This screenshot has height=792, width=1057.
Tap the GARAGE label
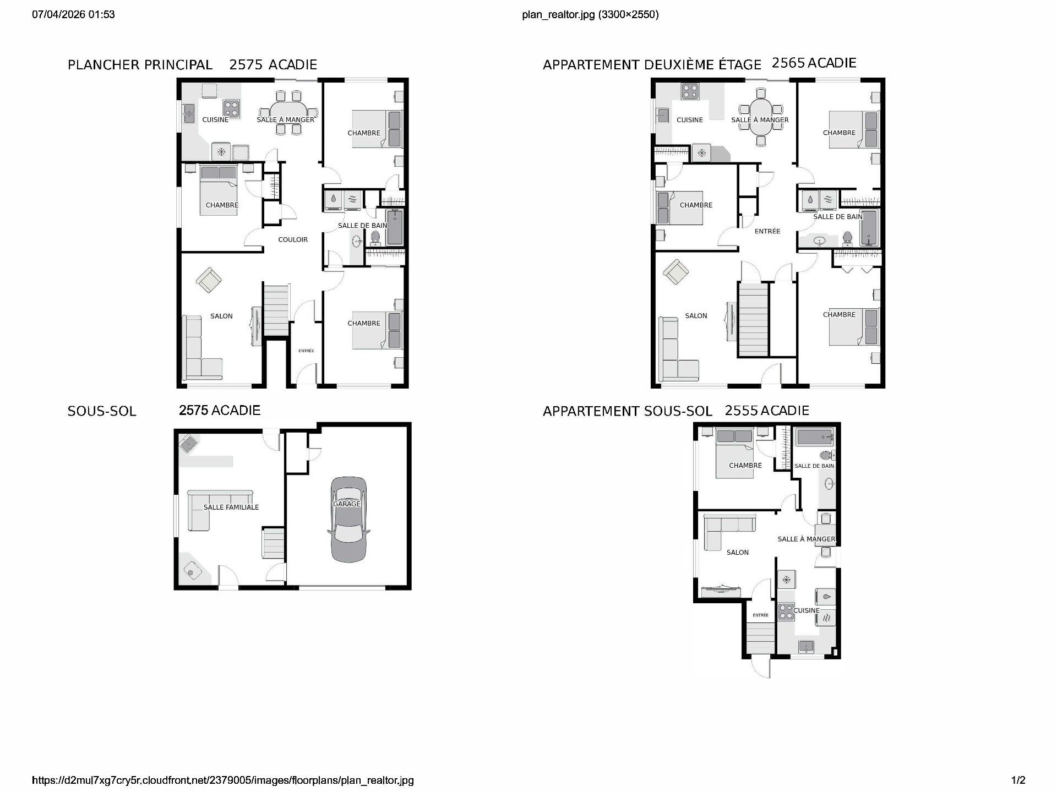pyautogui.click(x=347, y=504)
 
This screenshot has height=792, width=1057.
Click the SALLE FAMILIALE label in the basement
pyautogui.click(x=231, y=507)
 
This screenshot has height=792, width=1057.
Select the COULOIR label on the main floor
pyautogui.click(x=293, y=239)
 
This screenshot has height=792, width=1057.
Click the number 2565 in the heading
pyautogui.click(x=788, y=63)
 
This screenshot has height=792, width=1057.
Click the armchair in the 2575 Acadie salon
pyautogui.click(x=209, y=280)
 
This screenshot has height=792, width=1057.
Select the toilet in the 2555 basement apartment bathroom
pyautogui.click(x=826, y=455)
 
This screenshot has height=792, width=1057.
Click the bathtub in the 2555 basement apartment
pyautogui.click(x=815, y=438)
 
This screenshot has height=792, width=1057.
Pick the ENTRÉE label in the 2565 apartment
pyautogui.click(x=767, y=231)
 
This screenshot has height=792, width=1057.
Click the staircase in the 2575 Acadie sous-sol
pyautogui.click(x=274, y=542)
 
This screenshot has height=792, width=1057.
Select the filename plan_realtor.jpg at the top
pyautogui.click(x=558, y=14)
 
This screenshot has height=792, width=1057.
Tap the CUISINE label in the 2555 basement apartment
pyautogui.click(x=807, y=610)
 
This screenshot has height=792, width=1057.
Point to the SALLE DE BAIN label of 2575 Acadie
pyautogui.click(x=362, y=226)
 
